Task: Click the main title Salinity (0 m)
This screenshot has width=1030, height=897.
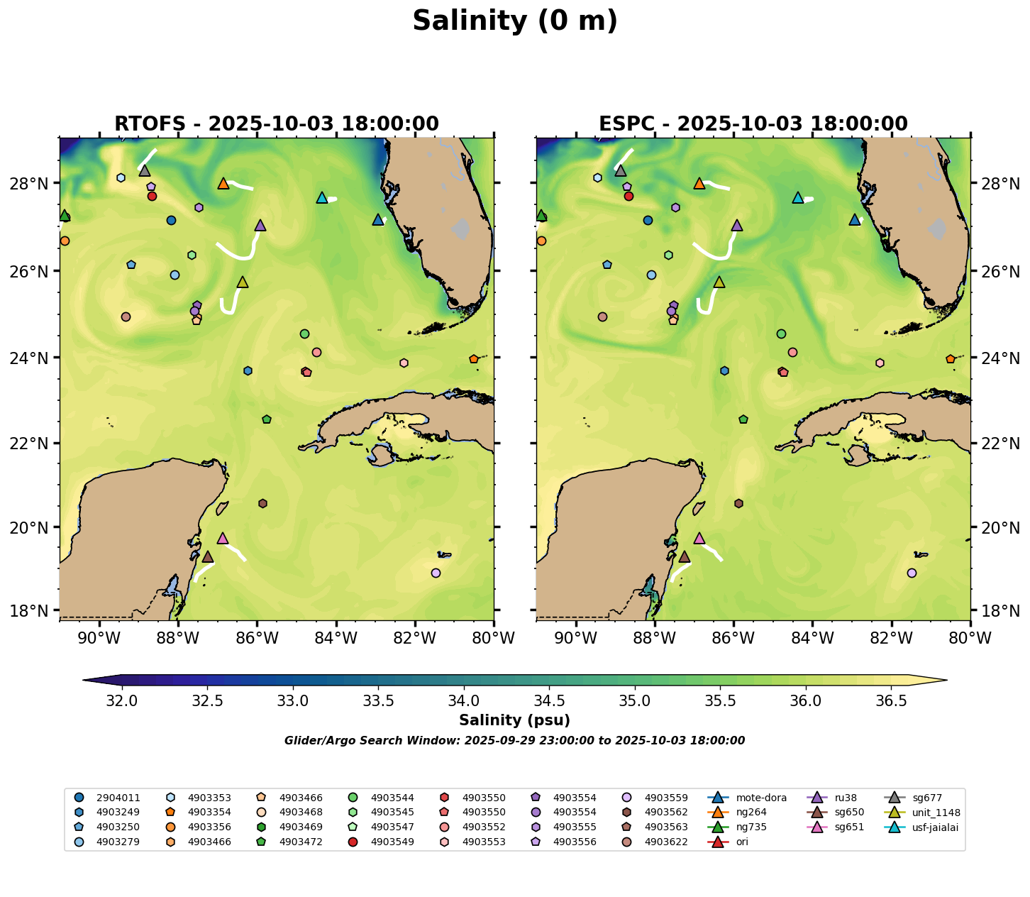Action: pos(515,21)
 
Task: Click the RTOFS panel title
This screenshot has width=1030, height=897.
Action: pos(277,124)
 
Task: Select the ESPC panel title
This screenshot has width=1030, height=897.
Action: pos(753,124)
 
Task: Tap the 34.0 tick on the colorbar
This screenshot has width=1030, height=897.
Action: pos(464,701)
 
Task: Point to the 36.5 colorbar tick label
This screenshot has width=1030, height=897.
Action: pos(891,701)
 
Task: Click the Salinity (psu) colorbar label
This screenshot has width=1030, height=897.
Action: pos(515,720)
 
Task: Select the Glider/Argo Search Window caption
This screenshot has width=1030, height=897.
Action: pos(515,741)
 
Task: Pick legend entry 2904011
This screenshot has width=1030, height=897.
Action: pos(118,798)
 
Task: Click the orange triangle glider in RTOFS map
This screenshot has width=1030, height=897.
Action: pos(223,184)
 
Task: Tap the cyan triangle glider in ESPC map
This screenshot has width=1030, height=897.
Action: pos(798,198)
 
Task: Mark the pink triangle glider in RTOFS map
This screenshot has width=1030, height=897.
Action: pos(223,539)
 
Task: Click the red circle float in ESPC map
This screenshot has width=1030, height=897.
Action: pos(628,197)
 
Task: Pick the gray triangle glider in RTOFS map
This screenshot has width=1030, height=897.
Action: pos(145,171)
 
